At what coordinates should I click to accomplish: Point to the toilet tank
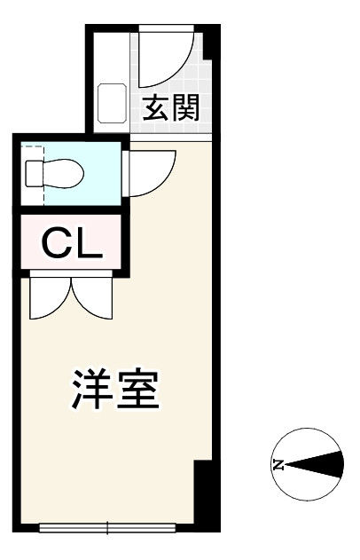(x=34, y=172)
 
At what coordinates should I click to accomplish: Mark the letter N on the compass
(x=278, y=464)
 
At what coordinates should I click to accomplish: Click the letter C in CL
(x=58, y=241)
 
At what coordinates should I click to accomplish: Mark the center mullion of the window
(x=108, y=529)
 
